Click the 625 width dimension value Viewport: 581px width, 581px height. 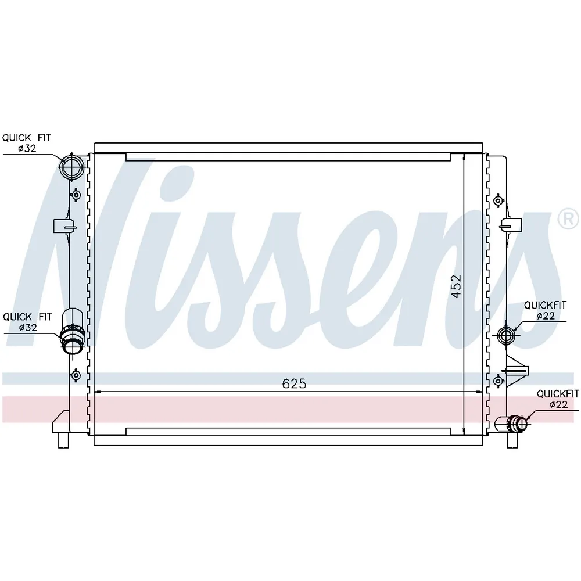coord(294,384)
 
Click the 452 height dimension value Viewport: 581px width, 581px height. coord(457,286)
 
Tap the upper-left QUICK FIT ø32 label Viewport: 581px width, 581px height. coord(27,143)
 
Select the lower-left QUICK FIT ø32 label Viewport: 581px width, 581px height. coord(28,322)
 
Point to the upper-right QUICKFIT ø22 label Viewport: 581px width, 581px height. coord(545,310)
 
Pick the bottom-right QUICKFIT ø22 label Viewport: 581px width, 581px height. coord(558,399)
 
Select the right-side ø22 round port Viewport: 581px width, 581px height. coord(506,335)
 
